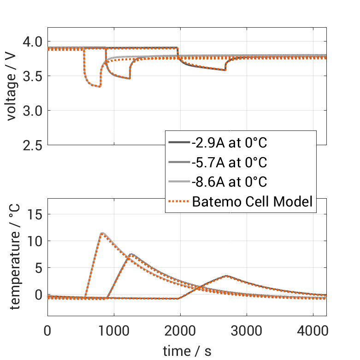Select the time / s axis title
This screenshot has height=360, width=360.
[x=187, y=351]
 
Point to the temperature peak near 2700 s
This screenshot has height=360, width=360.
[x=226, y=276]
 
